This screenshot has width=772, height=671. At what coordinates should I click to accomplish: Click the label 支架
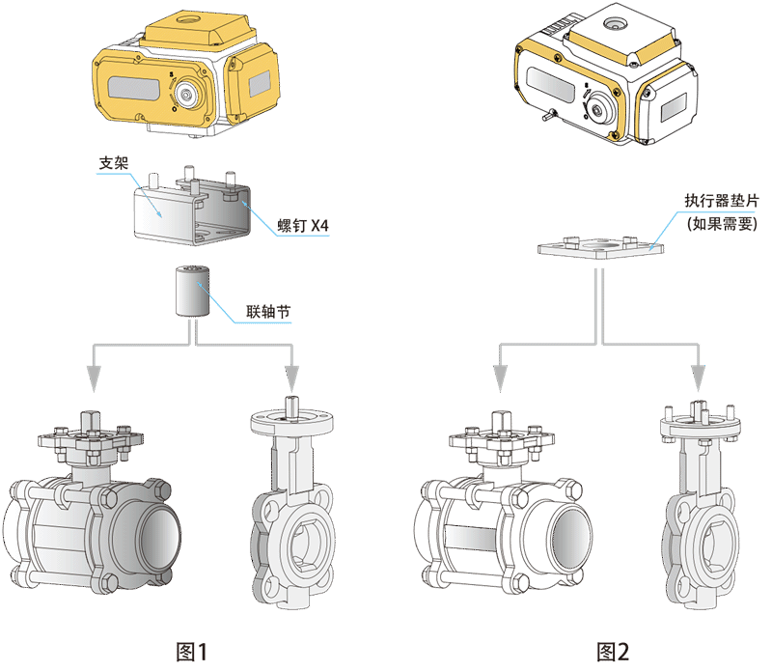click(x=115, y=163)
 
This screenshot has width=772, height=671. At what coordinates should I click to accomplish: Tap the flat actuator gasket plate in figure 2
click(x=602, y=245)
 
